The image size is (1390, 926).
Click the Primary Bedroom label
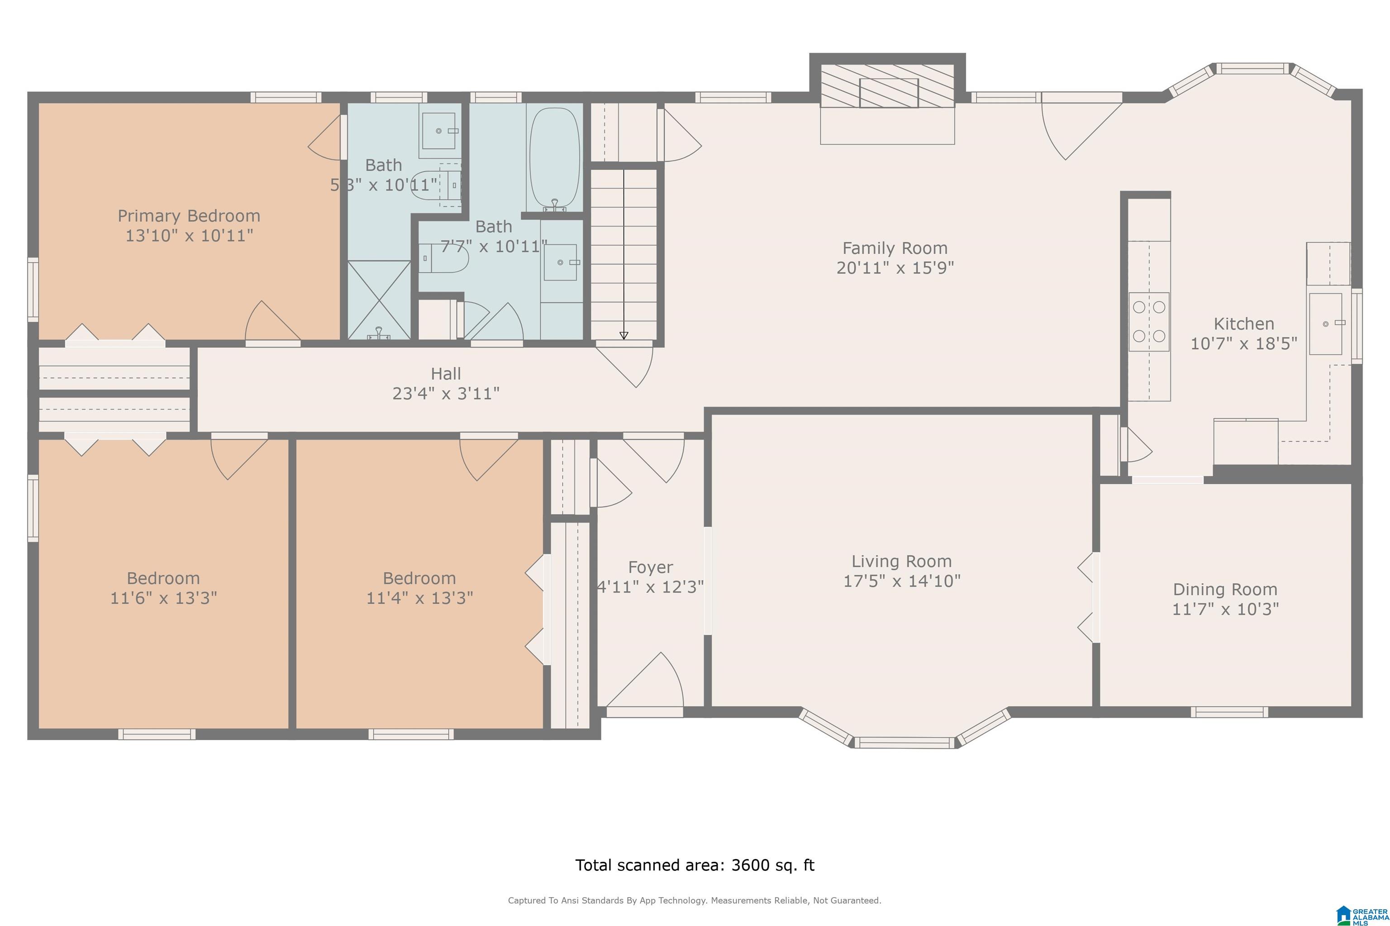point(189,216)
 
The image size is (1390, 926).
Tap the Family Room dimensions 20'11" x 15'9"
point(895,268)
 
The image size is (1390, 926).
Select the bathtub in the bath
point(554,158)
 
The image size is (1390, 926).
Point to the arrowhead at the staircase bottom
point(624,335)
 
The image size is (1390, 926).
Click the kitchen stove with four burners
point(1149,322)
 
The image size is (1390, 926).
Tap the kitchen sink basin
point(1326,324)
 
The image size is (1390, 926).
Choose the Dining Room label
point(1225,590)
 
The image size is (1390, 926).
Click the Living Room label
point(901,561)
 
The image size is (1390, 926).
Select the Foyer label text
point(650,567)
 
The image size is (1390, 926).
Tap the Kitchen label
point(1243,324)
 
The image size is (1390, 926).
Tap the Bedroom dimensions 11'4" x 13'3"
point(419,598)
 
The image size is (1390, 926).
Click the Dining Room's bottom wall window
point(1229,712)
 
